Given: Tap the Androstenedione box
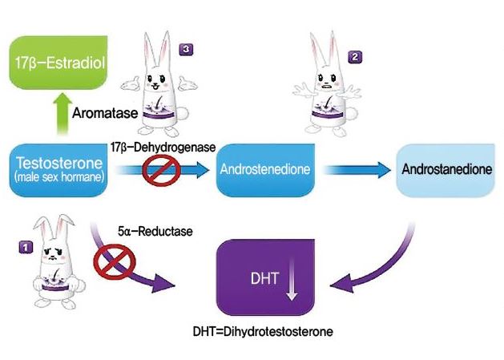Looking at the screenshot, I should (265, 170).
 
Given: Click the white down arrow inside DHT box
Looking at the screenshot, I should (292, 282).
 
